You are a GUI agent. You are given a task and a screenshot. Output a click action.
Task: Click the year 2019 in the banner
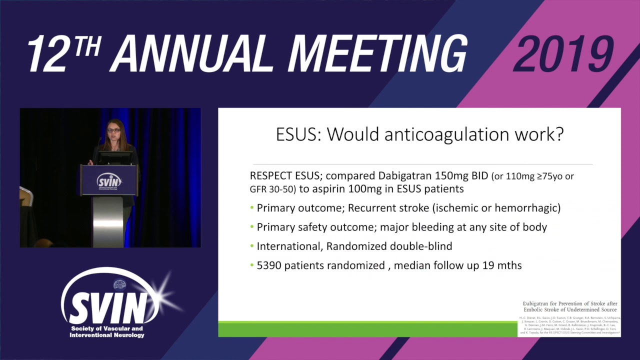(x=563, y=54)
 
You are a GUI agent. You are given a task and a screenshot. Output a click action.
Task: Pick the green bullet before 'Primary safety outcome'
(x=252, y=227)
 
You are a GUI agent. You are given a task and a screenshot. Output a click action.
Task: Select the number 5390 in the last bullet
(x=269, y=265)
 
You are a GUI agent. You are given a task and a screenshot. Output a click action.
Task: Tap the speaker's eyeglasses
(x=113, y=130)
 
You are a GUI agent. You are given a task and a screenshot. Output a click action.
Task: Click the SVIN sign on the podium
(x=109, y=180)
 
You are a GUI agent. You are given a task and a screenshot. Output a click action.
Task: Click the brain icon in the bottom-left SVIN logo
(x=119, y=284)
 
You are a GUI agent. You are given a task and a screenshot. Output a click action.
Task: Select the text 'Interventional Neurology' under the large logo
(x=107, y=335)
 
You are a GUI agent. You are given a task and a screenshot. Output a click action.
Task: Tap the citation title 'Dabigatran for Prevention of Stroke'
(x=569, y=303)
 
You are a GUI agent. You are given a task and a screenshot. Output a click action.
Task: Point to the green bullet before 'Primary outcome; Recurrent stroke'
(x=252, y=208)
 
